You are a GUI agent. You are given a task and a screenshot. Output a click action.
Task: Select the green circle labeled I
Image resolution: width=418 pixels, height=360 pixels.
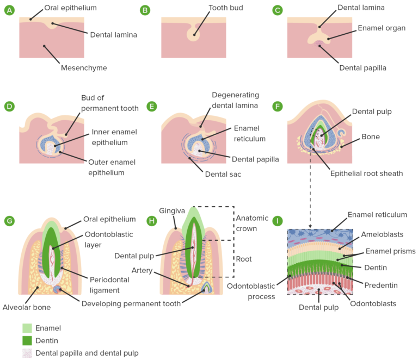pos(278,221)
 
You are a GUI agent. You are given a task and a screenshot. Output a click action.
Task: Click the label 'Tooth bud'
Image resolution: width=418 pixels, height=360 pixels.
pos(226,8)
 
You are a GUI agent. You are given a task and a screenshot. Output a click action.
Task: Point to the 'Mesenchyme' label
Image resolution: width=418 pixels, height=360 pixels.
pos(84,68)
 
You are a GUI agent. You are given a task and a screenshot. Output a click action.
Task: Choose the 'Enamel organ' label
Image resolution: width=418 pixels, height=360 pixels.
pos(381,28)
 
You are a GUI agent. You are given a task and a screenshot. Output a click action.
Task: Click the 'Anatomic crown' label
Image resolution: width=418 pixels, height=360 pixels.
pos(252,223)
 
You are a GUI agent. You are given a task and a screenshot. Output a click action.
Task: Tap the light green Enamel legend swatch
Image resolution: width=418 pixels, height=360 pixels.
pos(27,328)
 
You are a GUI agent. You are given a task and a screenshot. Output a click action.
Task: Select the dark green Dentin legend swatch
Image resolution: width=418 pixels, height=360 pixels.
pos(27,340)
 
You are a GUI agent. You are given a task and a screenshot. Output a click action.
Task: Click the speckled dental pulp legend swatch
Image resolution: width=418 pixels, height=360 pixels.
pos(27,353)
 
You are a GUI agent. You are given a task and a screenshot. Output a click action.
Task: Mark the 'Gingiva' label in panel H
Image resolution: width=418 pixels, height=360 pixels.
pos(173,210)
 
